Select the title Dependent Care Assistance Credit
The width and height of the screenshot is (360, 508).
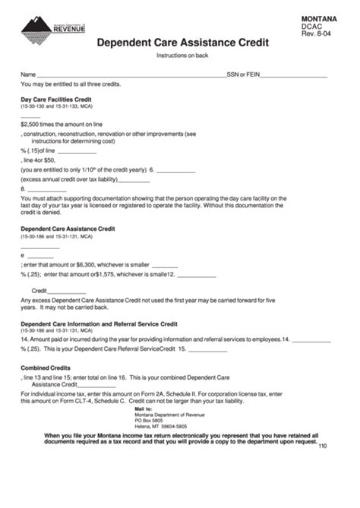[x=182, y=44]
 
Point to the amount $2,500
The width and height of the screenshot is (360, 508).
[x=30, y=123]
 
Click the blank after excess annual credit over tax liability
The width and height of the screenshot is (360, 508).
[x=134, y=180]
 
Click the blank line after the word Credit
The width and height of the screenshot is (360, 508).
[x=68, y=291]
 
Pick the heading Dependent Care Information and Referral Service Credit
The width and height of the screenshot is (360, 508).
[x=98, y=323]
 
